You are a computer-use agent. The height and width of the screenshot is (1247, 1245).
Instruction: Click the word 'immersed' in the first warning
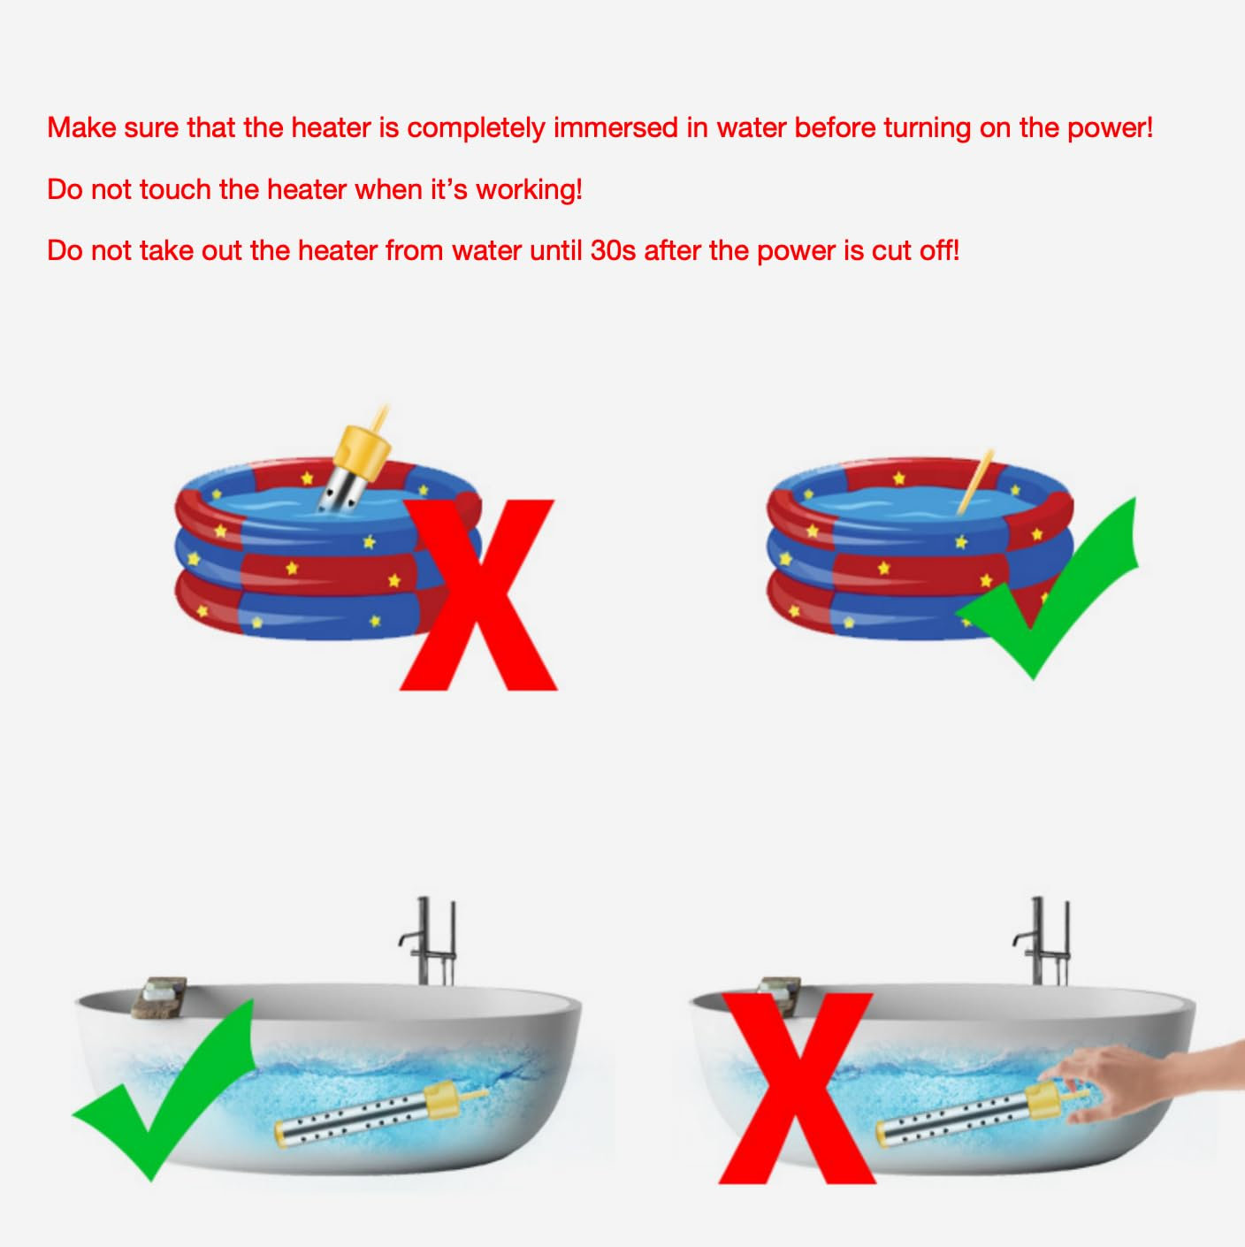tap(615, 127)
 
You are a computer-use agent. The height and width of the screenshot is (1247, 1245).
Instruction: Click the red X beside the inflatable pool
tap(478, 594)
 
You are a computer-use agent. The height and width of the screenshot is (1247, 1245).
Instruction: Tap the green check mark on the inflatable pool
tap(1047, 588)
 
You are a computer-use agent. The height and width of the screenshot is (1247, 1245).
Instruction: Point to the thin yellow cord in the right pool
tap(975, 482)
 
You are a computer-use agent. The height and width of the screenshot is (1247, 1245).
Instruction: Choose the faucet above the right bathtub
tap(1042, 941)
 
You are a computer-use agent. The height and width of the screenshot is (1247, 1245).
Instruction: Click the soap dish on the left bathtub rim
tap(158, 998)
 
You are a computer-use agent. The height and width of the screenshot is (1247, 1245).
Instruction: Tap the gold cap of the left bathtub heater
tap(444, 1098)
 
